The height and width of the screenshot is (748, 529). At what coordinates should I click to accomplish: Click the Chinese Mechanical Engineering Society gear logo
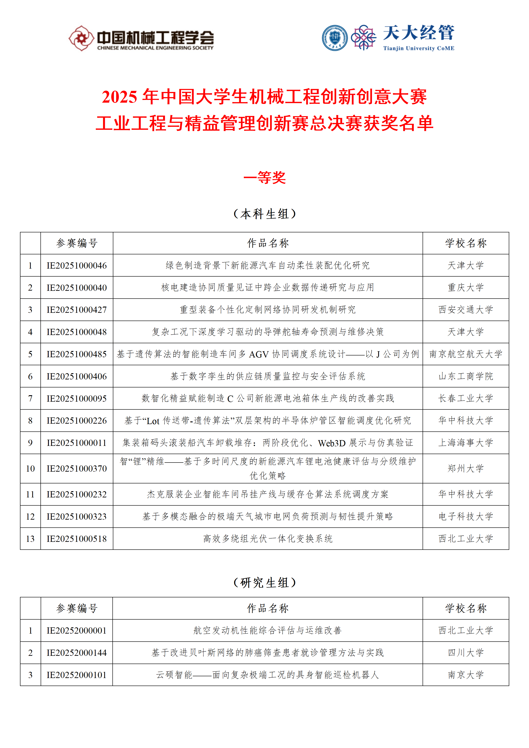81,38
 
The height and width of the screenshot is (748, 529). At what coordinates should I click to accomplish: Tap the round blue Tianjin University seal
335,38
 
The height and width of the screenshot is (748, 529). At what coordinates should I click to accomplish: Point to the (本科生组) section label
264,214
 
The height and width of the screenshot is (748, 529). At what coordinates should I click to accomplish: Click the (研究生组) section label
264,582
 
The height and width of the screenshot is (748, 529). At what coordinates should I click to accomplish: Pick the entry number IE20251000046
77,265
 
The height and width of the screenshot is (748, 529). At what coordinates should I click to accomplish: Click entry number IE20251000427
77,310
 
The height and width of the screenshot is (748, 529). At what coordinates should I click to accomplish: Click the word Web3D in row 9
332,443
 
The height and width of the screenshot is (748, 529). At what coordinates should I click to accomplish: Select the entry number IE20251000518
77,539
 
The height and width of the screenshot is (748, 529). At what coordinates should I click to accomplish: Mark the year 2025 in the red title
119,97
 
